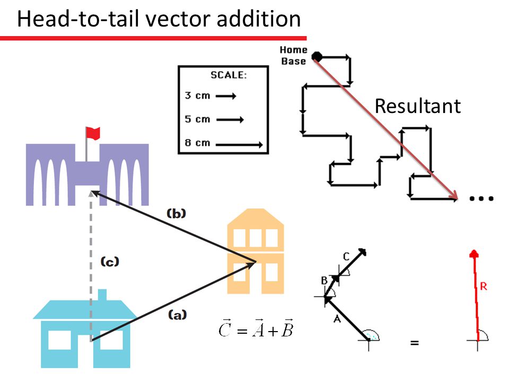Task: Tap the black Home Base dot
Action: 317,56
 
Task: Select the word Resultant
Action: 417,106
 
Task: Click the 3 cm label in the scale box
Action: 197,96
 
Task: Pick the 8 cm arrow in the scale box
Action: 239,144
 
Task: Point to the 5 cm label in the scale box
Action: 197,119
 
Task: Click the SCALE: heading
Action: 229,75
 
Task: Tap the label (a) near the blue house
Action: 177,315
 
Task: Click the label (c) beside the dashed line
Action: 110,261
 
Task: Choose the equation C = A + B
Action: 256,330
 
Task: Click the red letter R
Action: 483,286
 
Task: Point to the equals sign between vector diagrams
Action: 414,343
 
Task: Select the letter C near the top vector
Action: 346,257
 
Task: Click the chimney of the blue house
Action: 102,295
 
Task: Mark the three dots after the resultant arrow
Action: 481,198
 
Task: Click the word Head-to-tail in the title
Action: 72,20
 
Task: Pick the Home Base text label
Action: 293,56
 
